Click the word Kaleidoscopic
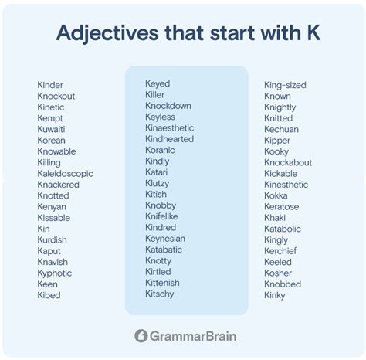65,175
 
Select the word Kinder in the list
50,85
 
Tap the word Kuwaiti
51,129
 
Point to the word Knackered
59,185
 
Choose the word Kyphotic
55,273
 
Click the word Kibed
49,295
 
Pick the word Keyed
158,84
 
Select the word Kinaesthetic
170,128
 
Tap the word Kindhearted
170,139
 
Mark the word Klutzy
158,184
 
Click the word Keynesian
165,239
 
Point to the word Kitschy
160,294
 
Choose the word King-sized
285,86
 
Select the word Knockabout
288,162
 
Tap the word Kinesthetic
286,185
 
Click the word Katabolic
283,229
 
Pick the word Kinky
275,296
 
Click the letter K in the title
314,32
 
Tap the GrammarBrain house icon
141,336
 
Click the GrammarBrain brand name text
193,336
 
